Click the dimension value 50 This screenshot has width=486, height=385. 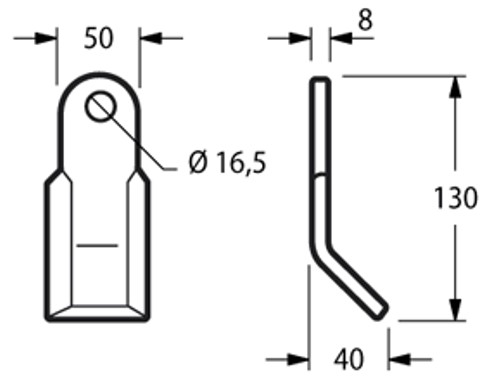[x=99, y=38]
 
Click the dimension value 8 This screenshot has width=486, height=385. [x=365, y=20]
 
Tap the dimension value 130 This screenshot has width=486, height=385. [x=456, y=198]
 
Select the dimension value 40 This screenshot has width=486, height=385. [x=349, y=359]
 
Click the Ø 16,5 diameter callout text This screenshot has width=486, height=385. [x=228, y=162]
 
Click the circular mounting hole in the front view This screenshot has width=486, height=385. [x=101, y=107]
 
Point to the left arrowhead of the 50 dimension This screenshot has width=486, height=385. [x=46, y=38]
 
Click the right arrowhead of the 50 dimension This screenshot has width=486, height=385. [x=151, y=38]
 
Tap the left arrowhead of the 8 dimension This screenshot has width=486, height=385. [x=300, y=38]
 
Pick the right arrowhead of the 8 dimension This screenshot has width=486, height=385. [x=341, y=38]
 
